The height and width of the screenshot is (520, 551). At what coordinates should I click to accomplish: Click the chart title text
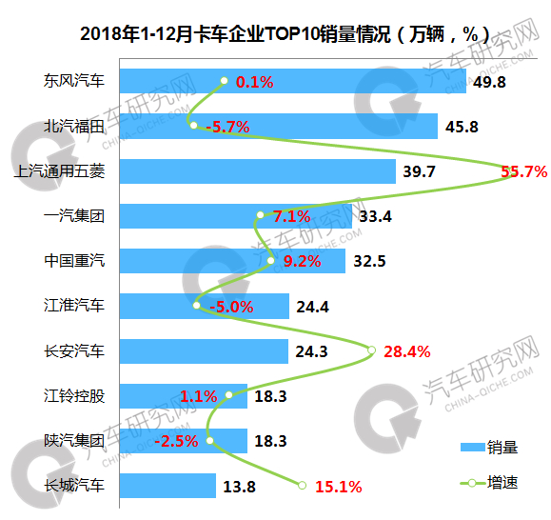pyautogui.click(x=285, y=34)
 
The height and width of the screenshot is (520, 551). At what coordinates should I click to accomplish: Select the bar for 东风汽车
pyautogui.click(x=293, y=81)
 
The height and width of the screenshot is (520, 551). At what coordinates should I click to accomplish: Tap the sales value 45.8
pyautogui.click(x=462, y=127)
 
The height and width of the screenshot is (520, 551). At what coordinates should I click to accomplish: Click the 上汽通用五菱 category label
pyautogui.click(x=59, y=171)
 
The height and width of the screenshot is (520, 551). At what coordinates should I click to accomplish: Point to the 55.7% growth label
pyautogui.click(x=523, y=171)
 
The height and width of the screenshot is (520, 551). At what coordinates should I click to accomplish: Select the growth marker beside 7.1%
pyautogui.click(x=260, y=215)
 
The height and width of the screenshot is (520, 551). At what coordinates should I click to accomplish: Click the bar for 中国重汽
pyautogui.click(x=232, y=261)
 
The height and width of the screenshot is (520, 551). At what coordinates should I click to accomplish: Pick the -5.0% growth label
pyautogui.click(x=231, y=307)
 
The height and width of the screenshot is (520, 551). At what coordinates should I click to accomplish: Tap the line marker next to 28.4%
pyautogui.click(x=371, y=350)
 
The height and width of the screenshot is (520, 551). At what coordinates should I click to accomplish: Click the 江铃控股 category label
pyautogui.click(x=74, y=396)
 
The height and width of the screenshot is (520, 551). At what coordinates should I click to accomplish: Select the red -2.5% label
pyautogui.click(x=176, y=441)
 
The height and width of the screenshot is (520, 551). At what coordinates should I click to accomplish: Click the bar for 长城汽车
pyautogui.click(x=167, y=486)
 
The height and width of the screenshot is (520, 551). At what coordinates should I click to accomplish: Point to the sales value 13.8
pyautogui.click(x=239, y=487)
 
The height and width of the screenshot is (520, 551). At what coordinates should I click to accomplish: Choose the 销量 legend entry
pyautogui.click(x=489, y=448)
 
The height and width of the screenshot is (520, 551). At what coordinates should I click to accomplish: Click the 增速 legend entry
pyautogui.click(x=489, y=483)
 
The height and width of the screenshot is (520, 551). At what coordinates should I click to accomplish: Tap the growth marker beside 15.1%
pyautogui.click(x=302, y=486)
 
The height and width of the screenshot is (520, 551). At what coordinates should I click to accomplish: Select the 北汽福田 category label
pyautogui.click(x=74, y=127)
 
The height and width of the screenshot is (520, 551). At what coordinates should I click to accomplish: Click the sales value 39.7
pyautogui.click(x=419, y=171)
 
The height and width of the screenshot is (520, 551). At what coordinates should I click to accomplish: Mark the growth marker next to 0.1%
pyautogui.click(x=224, y=81)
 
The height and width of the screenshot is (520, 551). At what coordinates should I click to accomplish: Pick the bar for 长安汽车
pyautogui.click(x=204, y=351)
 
